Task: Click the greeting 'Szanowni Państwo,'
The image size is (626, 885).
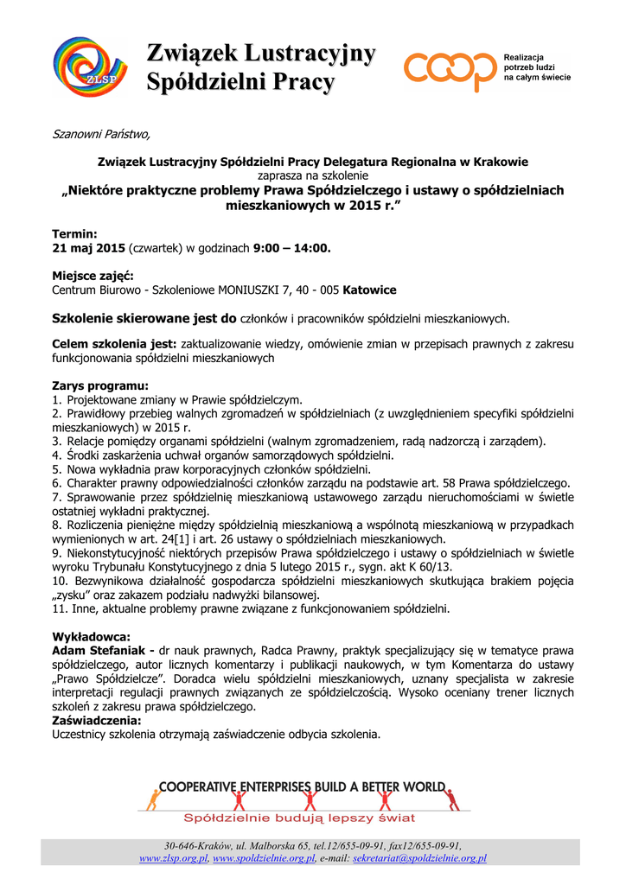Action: coord(101,133)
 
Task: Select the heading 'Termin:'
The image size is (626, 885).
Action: coord(75,234)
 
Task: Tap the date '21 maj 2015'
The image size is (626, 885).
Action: coord(89,248)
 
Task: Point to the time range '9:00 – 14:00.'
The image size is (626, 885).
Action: coord(292,248)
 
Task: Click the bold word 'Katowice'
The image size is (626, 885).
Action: coord(370,290)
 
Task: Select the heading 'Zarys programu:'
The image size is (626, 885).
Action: coord(100,385)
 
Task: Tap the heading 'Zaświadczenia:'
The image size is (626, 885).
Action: coord(97,720)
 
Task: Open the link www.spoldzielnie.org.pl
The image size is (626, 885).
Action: coord(264,858)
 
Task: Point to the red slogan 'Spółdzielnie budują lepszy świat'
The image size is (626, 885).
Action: coord(298,818)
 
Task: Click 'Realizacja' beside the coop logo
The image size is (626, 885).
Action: coord(523,57)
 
